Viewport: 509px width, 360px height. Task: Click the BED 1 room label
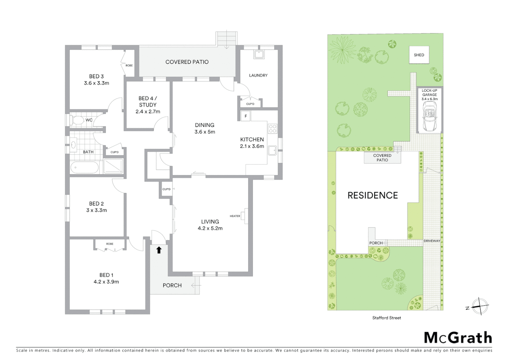(106, 278)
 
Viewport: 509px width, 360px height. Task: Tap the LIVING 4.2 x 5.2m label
(210, 225)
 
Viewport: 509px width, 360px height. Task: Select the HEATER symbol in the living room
(245, 216)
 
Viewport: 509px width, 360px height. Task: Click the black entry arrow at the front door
(159, 250)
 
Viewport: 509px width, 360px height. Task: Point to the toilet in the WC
(78, 120)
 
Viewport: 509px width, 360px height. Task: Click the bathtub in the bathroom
(84, 167)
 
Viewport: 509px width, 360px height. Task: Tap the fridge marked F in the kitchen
(246, 116)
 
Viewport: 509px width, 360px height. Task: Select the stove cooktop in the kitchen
(272, 129)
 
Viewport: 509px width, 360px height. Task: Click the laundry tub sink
(259, 54)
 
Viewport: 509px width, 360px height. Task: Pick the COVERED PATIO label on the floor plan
(187, 62)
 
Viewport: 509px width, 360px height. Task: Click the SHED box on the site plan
(419, 55)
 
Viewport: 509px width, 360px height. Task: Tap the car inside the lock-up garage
(429, 117)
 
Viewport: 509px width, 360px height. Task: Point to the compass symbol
(480, 306)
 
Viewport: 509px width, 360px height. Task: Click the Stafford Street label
(386, 318)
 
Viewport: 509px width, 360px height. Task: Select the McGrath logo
(458, 338)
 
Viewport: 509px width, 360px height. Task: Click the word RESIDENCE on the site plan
(372, 195)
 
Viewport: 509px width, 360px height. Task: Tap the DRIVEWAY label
(432, 241)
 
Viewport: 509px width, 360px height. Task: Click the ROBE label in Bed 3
(129, 65)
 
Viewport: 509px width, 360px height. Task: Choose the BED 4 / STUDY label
(148, 105)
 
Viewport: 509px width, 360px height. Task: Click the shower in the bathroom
(113, 166)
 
